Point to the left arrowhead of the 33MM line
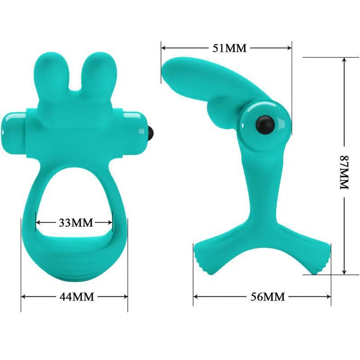(x=38, y=222)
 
